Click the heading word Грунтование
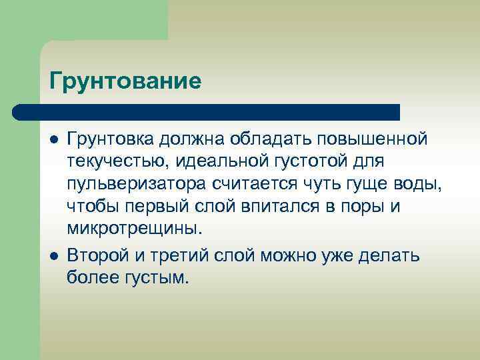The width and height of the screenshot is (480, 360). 125,82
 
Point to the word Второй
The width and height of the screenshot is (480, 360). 98,255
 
